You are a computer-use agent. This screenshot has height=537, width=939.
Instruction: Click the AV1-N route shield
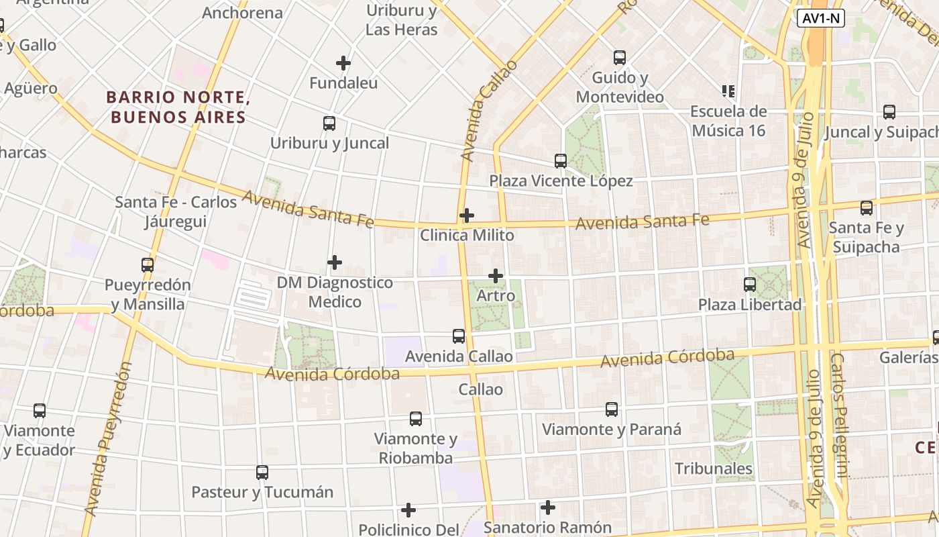point(820,18)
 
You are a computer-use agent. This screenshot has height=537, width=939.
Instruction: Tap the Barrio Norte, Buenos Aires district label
point(178,107)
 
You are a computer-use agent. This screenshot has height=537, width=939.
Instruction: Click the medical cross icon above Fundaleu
point(343,63)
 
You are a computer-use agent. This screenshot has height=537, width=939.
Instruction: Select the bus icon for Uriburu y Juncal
point(329,124)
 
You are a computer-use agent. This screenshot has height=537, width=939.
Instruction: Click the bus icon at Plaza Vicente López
point(561,161)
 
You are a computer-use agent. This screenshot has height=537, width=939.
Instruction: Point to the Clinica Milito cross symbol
point(467,215)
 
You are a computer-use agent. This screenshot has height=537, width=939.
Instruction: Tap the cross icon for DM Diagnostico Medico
point(335,262)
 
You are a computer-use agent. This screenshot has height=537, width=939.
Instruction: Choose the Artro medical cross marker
point(496,276)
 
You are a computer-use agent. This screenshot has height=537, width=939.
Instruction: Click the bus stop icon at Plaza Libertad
point(750,285)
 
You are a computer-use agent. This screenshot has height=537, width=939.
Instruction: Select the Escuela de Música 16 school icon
point(728,91)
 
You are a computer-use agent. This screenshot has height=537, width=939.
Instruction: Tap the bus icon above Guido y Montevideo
point(620,58)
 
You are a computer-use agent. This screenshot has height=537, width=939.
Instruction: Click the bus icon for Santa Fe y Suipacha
point(867,208)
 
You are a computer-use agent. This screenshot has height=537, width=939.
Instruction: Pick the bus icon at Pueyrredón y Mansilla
point(148,265)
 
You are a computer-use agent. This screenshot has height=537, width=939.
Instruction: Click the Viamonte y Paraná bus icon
point(612,409)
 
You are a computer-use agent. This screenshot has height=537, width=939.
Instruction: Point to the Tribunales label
point(714,469)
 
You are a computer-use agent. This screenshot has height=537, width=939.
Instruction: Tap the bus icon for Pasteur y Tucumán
point(262,473)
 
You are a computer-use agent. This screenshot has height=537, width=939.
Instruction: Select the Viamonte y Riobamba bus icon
point(416,419)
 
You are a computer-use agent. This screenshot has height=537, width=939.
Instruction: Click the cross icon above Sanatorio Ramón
point(548,507)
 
